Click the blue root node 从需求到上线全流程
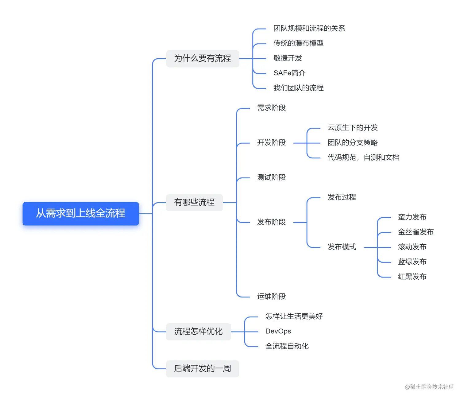[x=80, y=213]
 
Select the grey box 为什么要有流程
[x=203, y=58]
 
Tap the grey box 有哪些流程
[x=194, y=202]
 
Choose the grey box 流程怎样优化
[x=198, y=332]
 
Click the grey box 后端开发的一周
[x=203, y=368]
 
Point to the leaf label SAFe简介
[x=289, y=73]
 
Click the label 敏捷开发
[x=288, y=58]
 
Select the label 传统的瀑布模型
[x=298, y=43]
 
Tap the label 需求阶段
[x=271, y=108]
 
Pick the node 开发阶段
[x=271, y=143]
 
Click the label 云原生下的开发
[x=352, y=128]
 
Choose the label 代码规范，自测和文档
[x=363, y=157]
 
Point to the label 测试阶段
[x=271, y=177]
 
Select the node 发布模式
[x=342, y=247]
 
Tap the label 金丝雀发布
[x=416, y=232]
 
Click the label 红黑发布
[x=412, y=277]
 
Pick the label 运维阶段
[x=271, y=297]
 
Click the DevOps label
[x=278, y=331]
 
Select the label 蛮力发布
[x=412, y=217]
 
